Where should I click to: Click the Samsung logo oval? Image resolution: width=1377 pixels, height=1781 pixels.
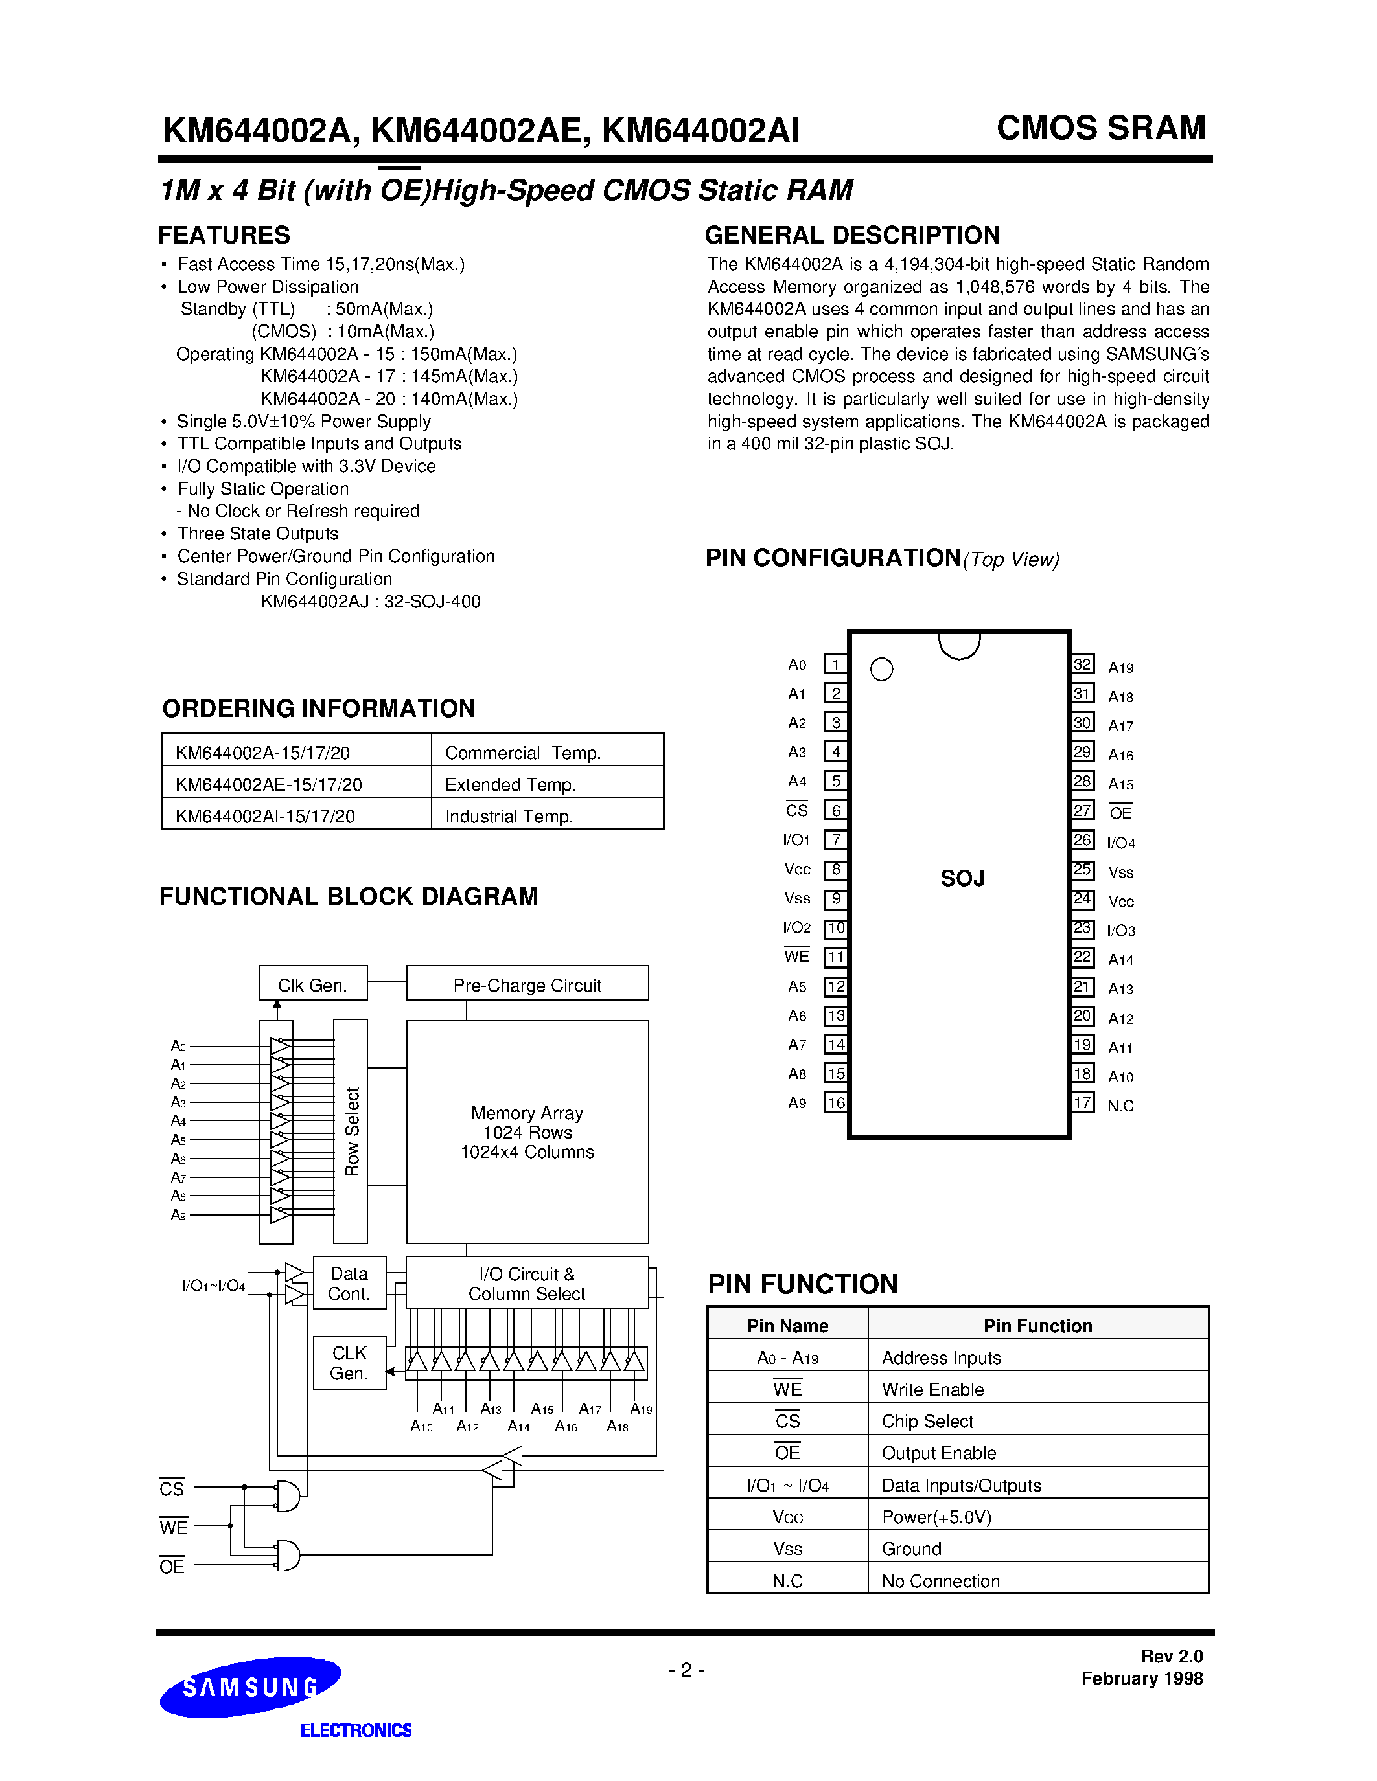point(249,1687)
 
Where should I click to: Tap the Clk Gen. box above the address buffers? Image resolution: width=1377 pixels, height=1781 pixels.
point(312,984)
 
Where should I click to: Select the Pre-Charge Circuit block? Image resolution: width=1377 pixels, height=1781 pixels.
point(527,984)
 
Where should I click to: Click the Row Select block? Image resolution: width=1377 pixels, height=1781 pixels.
point(351,1131)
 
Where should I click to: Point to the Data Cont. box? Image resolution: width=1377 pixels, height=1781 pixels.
point(349,1284)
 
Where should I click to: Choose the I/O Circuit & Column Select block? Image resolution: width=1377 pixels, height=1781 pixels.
point(527,1284)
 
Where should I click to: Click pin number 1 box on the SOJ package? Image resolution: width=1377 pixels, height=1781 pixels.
point(835,664)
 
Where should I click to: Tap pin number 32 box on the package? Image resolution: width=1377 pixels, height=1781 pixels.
point(1083,664)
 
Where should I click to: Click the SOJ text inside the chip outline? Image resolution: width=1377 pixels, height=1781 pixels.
point(962,878)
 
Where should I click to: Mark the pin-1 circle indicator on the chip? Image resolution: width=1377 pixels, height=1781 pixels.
point(882,670)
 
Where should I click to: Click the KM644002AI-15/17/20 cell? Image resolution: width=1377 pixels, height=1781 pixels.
point(265,816)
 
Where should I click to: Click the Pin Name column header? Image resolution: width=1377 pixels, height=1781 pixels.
point(787,1326)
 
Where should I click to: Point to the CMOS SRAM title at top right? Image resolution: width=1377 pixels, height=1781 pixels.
point(1101,128)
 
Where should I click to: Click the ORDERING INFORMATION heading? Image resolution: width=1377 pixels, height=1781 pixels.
point(319,709)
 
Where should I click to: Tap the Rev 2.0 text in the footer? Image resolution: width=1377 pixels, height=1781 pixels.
point(1172,1656)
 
